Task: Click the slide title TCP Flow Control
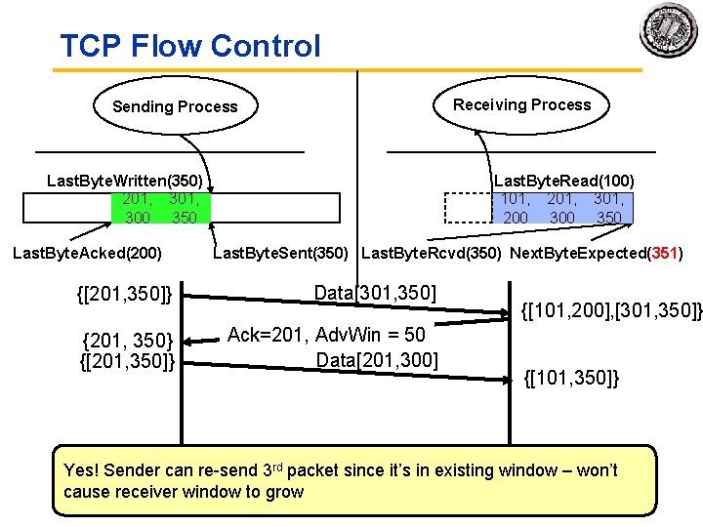point(189,46)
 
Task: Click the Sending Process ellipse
point(175,106)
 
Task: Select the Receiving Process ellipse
point(521,104)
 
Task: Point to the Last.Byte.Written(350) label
point(125,181)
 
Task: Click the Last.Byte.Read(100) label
point(563,181)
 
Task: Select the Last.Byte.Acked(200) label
point(87,254)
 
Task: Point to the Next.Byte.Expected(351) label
point(596,254)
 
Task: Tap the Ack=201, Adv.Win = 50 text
point(326,335)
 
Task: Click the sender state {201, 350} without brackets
point(129,341)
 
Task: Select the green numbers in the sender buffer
point(159,208)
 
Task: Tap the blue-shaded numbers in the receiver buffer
point(561,208)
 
